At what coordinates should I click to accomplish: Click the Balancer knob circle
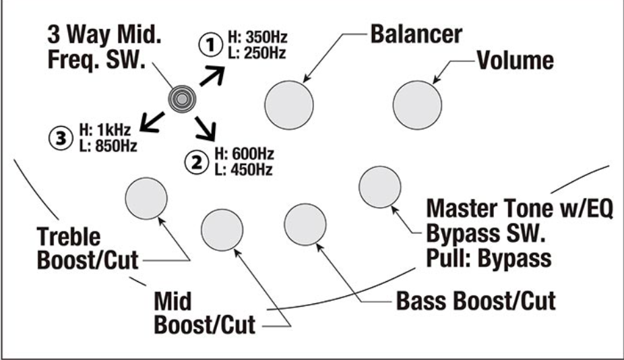tap(289, 106)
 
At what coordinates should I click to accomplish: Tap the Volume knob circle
tap(418, 106)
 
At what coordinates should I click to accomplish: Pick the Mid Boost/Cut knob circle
tap(222, 229)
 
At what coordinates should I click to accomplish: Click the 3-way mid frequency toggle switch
tap(181, 99)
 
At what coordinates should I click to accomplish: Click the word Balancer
tap(416, 34)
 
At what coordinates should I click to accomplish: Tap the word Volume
tap(516, 61)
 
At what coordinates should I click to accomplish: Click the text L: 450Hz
tap(243, 170)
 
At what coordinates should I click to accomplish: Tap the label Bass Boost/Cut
tap(476, 301)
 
